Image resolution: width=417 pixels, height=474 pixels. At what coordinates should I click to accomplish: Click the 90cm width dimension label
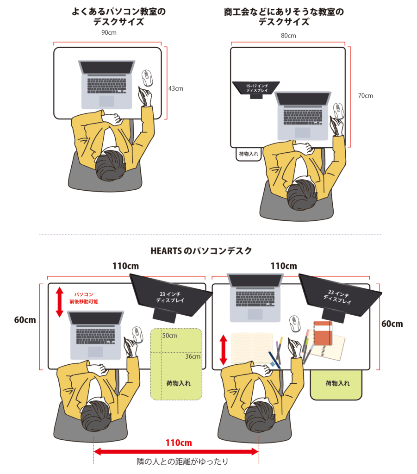click(107, 33)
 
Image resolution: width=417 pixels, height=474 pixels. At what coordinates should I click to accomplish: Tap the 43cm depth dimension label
click(175, 88)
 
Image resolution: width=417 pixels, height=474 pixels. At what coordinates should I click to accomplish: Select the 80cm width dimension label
click(288, 36)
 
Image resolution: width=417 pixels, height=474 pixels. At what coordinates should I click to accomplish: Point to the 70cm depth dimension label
click(365, 96)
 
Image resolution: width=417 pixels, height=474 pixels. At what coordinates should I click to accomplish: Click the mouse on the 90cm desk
click(147, 78)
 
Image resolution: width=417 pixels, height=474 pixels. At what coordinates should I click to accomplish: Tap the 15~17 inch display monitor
click(256, 88)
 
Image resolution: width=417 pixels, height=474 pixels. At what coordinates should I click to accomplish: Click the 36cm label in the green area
click(193, 356)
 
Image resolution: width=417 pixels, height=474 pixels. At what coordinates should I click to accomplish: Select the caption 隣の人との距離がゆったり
click(182, 462)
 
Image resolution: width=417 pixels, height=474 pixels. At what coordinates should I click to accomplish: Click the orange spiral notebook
click(323, 333)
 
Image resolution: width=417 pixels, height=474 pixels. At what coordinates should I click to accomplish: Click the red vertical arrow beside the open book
click(223, 349)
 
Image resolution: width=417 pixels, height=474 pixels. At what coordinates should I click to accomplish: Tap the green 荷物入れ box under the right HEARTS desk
click(336, 384)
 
